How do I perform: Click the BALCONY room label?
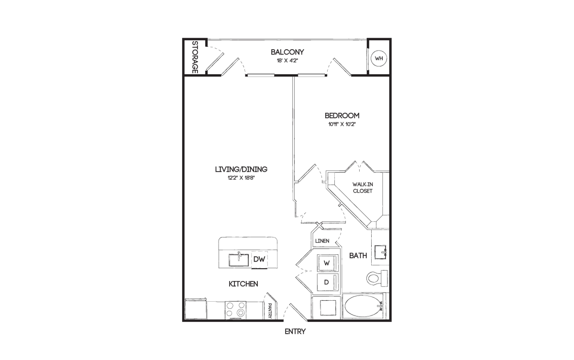pyautogui.click(x=287, y=52)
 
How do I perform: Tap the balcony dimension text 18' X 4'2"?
pyautogui.click(x=287, y=61)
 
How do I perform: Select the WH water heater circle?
pyautogui.click(x=379, y=58)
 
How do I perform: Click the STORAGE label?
pyautogui.click(x=195, y=57)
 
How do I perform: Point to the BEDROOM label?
pyautogui.click(x=342, y=116)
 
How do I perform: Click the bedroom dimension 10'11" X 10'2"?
pyautogui.click(x=342, y=124)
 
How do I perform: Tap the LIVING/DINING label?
pyautogui.click(x=241, y=169)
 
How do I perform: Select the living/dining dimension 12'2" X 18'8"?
pyautogui.click(x=241, y=178)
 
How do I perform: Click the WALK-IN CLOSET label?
pyautogui.click(x=363, y=188)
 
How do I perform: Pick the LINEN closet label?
pyautogui.click(x=322, y=241)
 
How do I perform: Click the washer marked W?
pyautogui.click(x=328, y=263)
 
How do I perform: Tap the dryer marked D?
pyautogui.click(x=328, y=282)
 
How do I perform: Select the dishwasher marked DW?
pyautogui.click(x=259, y=260)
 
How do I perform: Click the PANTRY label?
pyautogui.click(x=270, y=311)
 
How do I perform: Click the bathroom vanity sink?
pyautogui.click(x=381, y=252)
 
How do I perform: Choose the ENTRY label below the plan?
pyautogui.click(x=295, y=332)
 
